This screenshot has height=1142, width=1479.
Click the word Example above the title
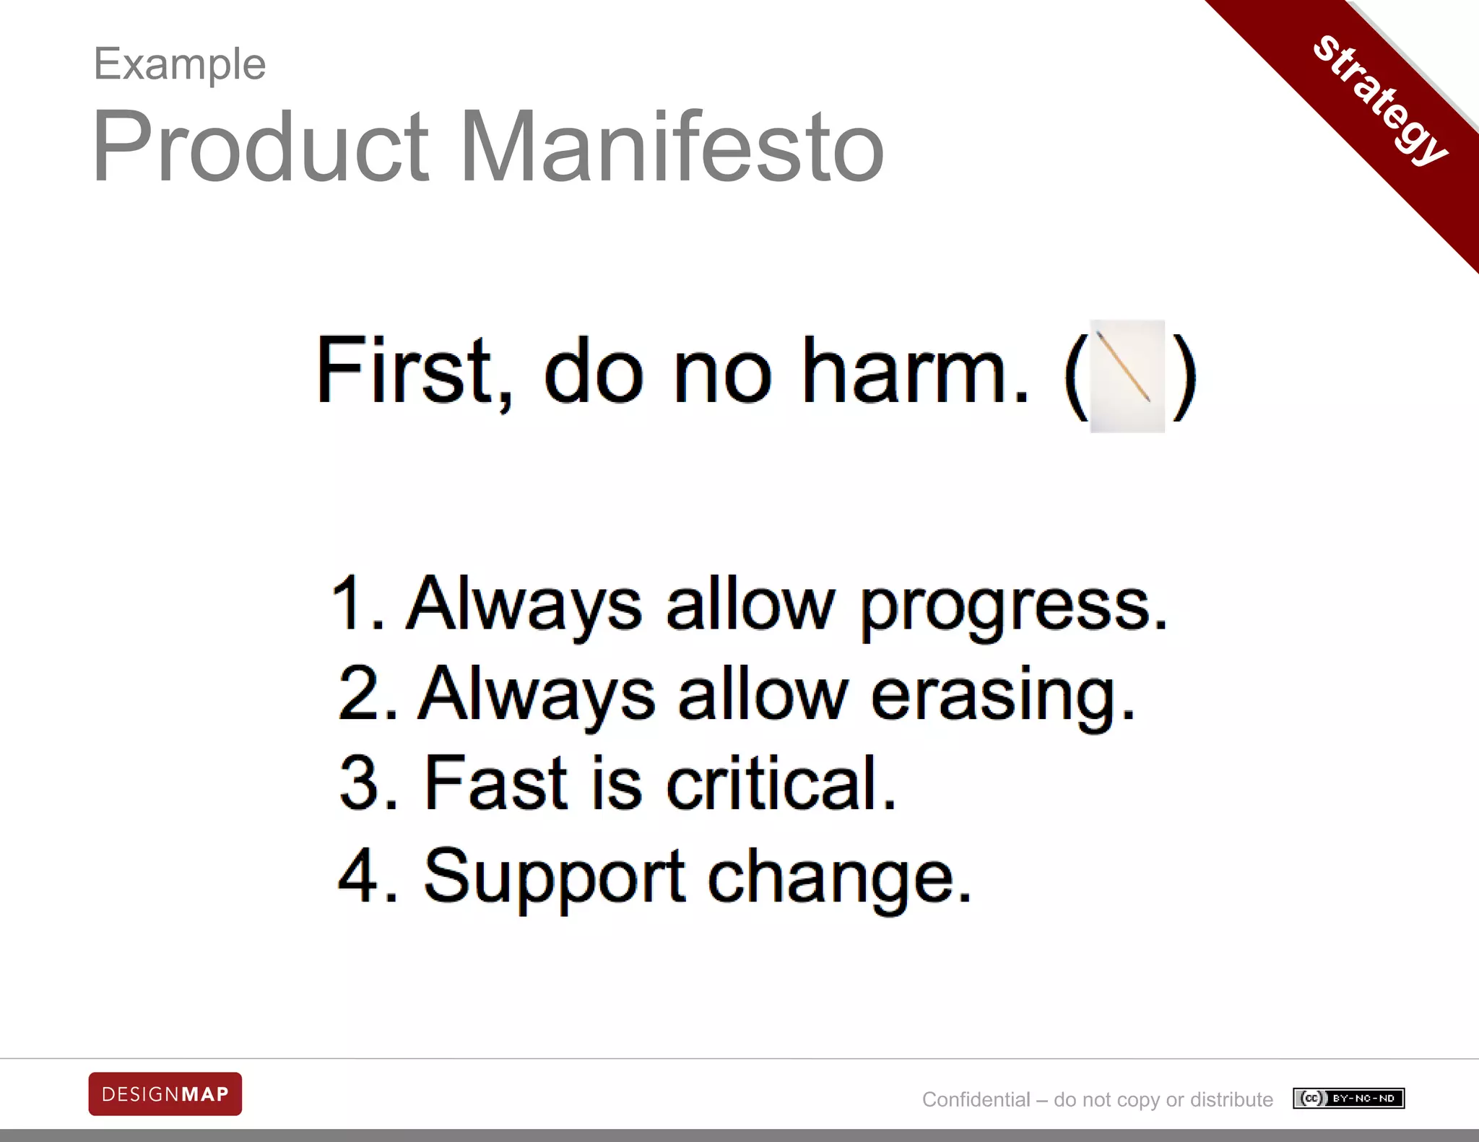pos(180,65)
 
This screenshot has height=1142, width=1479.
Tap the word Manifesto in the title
pos(672,147)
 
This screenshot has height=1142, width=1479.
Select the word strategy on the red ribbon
pos(1379,99)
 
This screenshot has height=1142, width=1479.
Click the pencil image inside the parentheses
pos(1126,375)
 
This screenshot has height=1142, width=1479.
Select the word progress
pos(1011,606)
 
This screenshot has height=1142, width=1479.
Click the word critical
pos(780,784)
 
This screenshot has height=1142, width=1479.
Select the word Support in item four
pos(553,877)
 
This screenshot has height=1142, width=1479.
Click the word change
pos(838,877)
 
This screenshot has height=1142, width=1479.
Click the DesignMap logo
pos(165,1094)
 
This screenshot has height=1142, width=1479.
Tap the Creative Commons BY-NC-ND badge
pos(1348,1098)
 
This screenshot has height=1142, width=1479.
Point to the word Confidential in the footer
pos(976,1099)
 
